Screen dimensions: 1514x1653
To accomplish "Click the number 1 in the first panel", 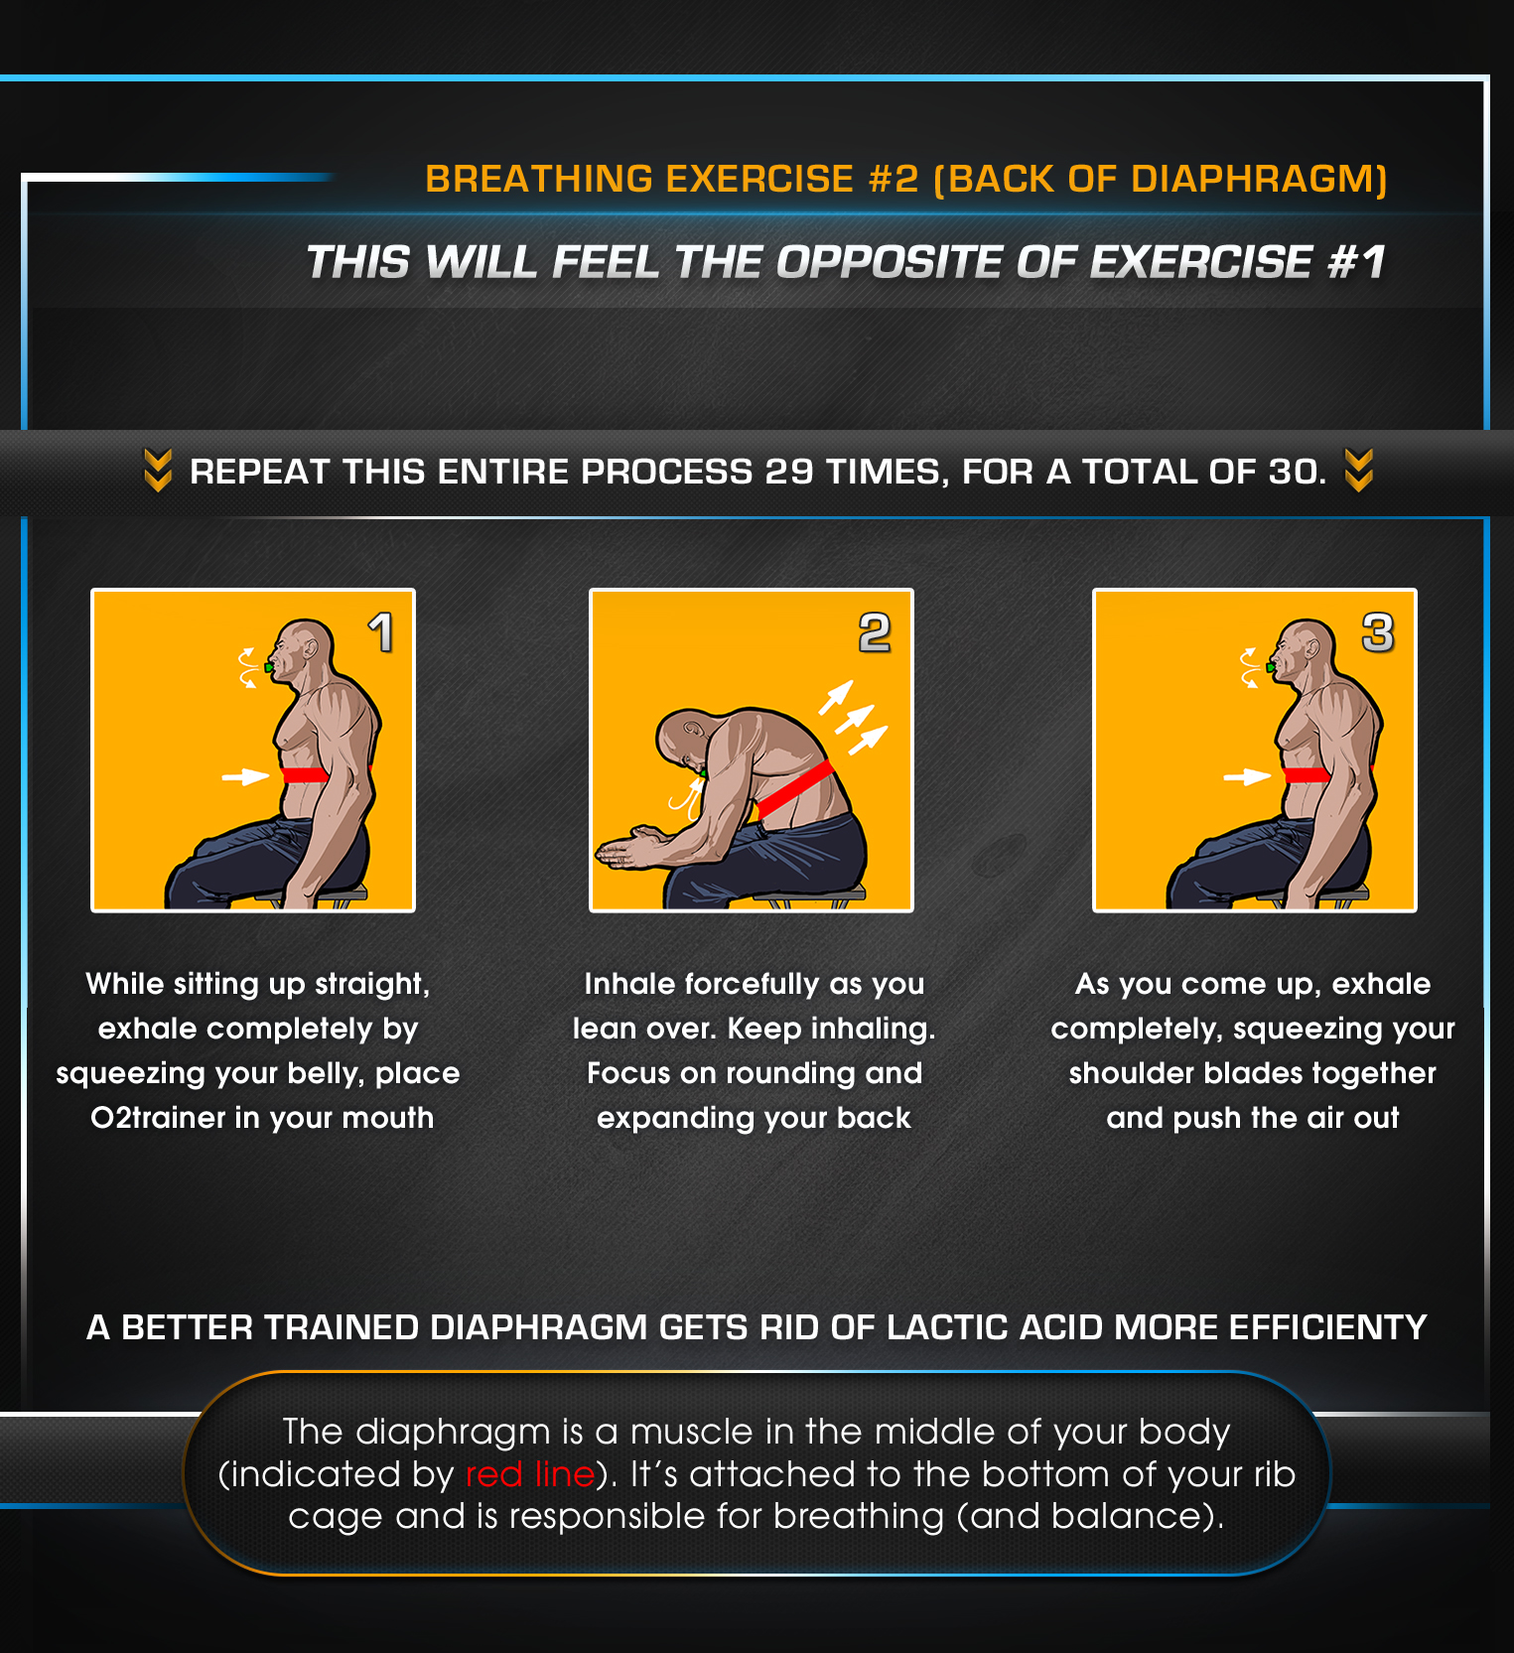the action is (381, 632).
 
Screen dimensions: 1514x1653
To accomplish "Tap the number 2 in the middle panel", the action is (875, 632).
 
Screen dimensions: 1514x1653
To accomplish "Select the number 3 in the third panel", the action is (1378, 632).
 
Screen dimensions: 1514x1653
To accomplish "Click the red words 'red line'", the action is (530, 1474).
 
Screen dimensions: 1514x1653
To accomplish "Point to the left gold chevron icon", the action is (158, 471).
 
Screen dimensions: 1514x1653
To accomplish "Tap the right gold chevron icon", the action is (1359, 471).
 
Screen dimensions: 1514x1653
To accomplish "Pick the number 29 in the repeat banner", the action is (789, 472).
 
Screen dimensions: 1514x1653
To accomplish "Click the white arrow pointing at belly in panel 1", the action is (245, 775).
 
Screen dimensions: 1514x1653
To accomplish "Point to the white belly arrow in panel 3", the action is (1247, 776).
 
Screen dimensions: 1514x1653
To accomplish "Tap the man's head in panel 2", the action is (686, 740).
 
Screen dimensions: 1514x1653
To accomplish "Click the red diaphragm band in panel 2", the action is (794, 788).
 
